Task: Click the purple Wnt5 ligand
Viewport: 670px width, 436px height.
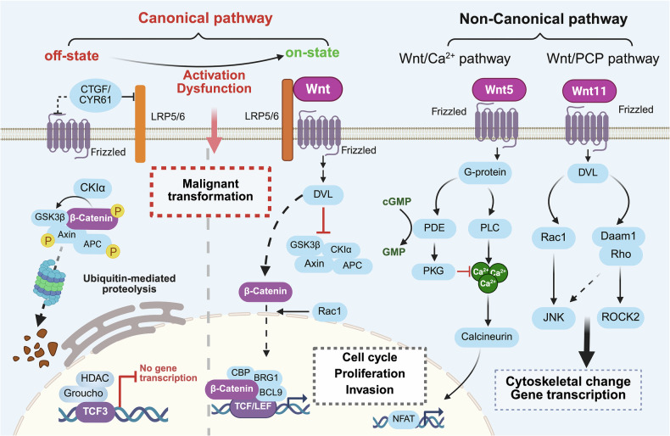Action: click(499, 90)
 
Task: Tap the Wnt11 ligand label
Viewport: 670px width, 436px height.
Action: click(589, 91)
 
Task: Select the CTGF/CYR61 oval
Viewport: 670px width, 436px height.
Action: click(95, 94)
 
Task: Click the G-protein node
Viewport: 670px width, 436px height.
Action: click(484, 172)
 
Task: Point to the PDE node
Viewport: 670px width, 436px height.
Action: click(434, 227)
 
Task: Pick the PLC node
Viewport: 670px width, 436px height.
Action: click(489, 227)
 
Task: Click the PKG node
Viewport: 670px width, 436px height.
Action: click(433, 271)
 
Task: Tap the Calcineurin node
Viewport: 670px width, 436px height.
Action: click(487, 337)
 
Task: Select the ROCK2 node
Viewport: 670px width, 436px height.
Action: click(621, 317)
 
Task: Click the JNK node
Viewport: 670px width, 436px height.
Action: click(554, 317)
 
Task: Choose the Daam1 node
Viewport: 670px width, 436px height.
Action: click(618, 237)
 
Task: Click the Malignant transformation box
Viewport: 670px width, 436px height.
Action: click(210, 191)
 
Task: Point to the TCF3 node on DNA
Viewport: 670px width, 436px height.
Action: click(95, 411)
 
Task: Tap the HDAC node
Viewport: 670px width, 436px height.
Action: click(95, 378)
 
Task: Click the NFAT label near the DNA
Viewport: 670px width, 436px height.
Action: click(404, 418)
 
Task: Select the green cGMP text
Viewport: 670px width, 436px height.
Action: click(397, 202)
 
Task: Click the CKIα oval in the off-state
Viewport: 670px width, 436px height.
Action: click(92, 187)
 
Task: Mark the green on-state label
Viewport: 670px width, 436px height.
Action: click(312, 53)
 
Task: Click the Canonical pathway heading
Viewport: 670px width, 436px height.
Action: click(205, 18)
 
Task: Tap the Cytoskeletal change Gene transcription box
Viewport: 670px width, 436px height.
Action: click(568, 388)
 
